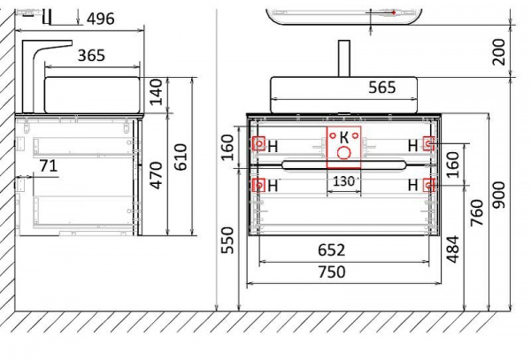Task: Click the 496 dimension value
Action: (101, 19)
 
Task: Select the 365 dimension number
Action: (91, 56)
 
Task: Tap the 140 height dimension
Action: (156, 92)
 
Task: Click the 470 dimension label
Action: (156, 175)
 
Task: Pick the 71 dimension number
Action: (49, 165)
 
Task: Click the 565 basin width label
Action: (382, 88)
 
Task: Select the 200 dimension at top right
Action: (498, 52)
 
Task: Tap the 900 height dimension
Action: (498, 195)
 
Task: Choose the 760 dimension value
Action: (476, 213)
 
